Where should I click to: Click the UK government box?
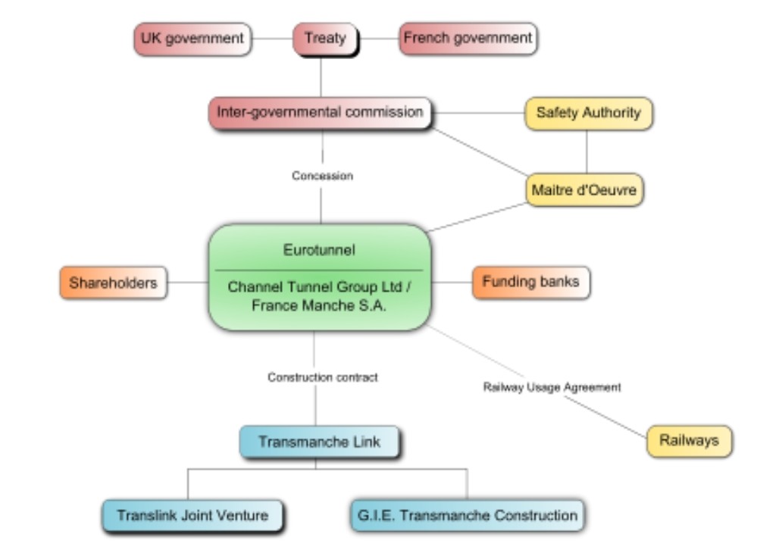tap(191, 38)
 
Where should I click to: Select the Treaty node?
tap(324, 38)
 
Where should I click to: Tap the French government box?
tap(468, 38)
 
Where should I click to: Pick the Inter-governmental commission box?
tap(320, 113)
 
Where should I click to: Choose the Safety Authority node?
tap(588, 114)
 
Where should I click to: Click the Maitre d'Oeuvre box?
tap(586, 191)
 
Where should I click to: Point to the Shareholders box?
tap(113, 283)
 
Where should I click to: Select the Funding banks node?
tap(530, 282)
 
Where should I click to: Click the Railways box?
tap(689, 440)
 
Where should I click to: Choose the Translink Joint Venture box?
tap(192, 515)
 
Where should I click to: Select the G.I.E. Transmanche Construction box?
tap(468, 515)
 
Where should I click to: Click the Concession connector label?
tap(323, 176)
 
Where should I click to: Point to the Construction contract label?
tap(323, 377)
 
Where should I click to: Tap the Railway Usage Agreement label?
tap(552, 387)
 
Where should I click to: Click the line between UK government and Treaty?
tap(271, 38)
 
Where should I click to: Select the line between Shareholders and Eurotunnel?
tap(187, 283)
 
